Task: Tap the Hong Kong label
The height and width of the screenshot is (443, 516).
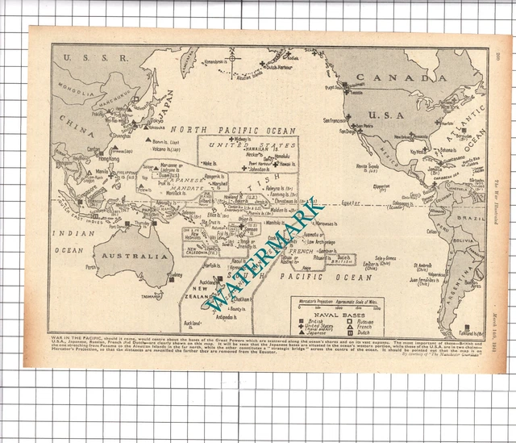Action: [109, 159]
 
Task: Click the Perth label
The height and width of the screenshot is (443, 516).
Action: [91, 267]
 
